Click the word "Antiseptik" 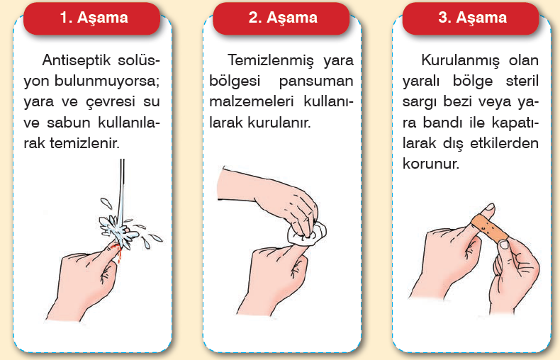77,60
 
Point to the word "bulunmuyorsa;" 107,81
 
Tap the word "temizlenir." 84,143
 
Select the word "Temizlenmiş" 271,60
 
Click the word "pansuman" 316,81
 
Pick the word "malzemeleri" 252,101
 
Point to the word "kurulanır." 279,123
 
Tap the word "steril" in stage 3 522,81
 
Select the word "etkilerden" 504,143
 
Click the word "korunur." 431,164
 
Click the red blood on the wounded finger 116,250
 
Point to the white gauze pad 307,234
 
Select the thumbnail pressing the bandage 504,244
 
